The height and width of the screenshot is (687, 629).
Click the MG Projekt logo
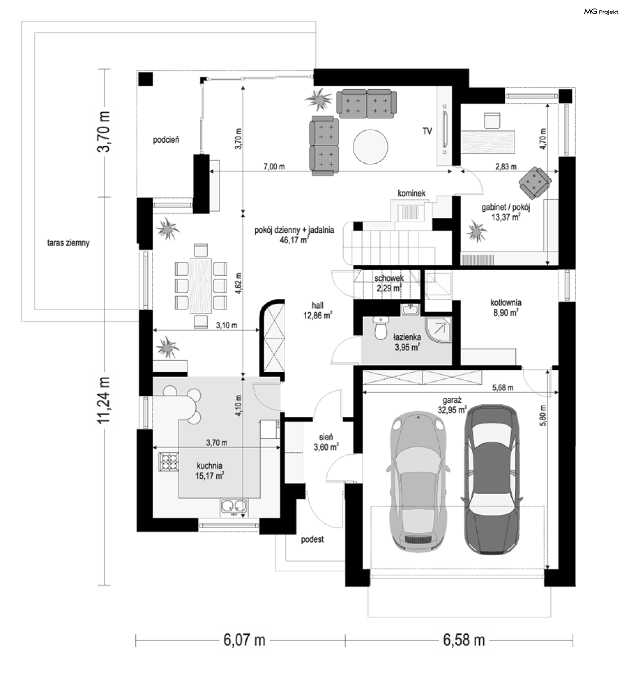[601, 11]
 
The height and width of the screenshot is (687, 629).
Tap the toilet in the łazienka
[380, 328]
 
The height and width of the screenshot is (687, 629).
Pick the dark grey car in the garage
[492, 479]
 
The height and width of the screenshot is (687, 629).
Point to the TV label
[428, 131]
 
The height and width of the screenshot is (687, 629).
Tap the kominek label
[412, 193]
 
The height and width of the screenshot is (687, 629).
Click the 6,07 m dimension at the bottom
[244, 640]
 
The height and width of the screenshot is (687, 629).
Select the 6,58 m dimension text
[464, 640]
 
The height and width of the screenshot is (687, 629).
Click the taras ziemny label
[68, 243]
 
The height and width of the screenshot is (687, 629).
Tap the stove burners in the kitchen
[169, 461]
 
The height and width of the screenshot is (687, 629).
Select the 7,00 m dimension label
[274, 167]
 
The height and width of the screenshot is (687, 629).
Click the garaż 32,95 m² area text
[452, 405]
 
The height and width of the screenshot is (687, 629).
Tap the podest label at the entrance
[312, 539]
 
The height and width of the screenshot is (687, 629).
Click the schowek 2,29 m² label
[389, 283]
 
